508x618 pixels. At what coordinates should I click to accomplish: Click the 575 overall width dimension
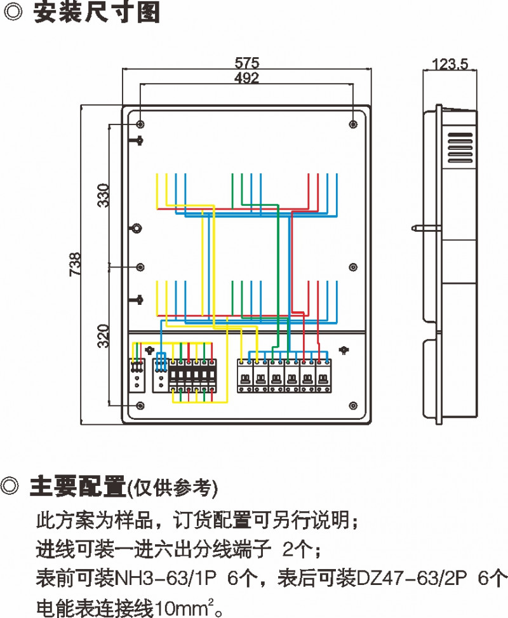247,63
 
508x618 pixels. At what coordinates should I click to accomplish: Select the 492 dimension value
247,78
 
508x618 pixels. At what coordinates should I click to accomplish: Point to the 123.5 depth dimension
450,64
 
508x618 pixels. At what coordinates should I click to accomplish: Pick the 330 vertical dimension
103,195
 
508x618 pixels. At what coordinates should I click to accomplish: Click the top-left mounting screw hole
140,123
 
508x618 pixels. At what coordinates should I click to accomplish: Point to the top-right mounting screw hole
352,123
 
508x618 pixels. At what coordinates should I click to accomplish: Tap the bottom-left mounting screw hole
140,405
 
